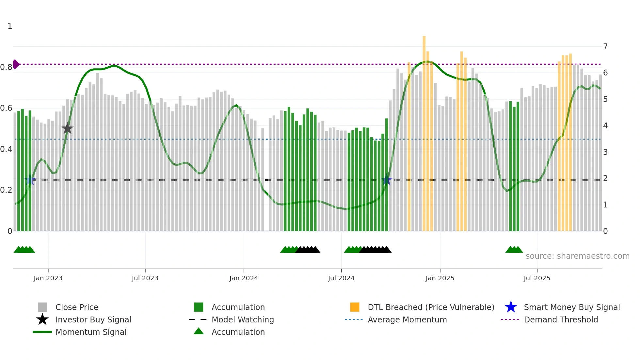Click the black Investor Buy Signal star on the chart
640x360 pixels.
coord(68,128)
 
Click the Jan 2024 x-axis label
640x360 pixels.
coord(244,278)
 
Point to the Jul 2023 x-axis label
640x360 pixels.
coord(145,278)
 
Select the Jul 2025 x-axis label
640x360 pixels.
coord(537,278)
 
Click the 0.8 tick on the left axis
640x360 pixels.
coord(6,67)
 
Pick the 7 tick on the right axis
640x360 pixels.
coord(605,46)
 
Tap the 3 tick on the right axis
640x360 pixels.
coord(605,152)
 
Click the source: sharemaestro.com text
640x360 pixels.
coord(577,256)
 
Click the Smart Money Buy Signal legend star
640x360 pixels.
coord(511,307)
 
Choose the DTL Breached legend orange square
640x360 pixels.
coord(355,307)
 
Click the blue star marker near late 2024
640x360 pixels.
coord(387,180)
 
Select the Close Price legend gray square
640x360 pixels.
coord(42,307)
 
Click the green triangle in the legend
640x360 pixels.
coord(199,332)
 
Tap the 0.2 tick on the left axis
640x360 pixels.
coord(6,190)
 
